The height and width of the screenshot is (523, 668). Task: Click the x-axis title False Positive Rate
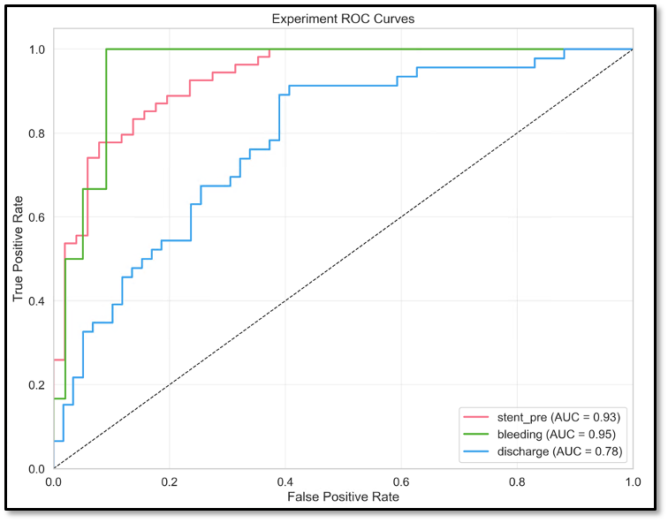point(343,498)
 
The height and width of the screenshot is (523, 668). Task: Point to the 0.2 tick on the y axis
point(38,385)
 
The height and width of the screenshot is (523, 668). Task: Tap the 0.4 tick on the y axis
point(38,301)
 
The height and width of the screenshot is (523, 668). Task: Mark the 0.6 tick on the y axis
point(38,217)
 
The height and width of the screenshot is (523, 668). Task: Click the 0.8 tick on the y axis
point(38,133)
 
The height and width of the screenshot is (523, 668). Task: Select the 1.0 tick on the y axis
point(38,49)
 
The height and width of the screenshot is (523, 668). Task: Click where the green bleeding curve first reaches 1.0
point(106,49)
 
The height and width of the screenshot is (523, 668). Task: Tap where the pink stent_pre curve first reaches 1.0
point(269,49)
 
